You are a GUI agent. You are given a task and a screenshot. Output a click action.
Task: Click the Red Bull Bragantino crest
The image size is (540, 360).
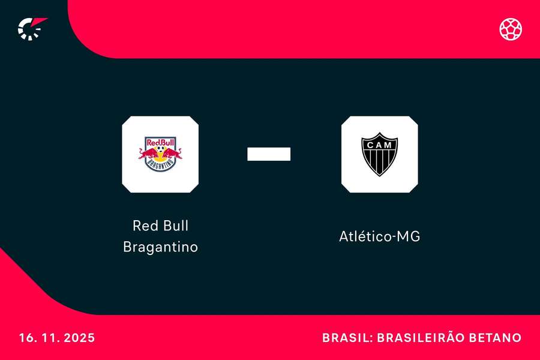point(160,154)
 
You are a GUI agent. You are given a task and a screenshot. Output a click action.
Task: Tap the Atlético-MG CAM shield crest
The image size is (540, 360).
point(379,154)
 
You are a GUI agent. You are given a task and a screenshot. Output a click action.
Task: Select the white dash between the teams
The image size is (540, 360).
point(269,154)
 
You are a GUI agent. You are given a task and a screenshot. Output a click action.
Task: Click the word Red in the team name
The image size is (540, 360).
point(145,226)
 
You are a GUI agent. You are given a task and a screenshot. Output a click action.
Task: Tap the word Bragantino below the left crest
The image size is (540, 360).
point(160,247)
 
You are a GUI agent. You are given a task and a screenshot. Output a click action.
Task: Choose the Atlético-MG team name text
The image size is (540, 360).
point(379,236)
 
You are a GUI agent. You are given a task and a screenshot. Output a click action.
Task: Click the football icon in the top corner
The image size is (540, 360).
point(511,29)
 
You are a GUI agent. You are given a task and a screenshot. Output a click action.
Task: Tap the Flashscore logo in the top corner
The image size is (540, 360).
point(31,28)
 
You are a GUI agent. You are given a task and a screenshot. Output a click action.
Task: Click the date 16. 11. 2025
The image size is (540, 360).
point(56,338)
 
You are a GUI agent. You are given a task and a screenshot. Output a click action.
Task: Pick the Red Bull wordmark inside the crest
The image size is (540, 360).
point(160,143)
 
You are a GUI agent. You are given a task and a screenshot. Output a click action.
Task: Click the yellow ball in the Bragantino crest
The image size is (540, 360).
point(160,152)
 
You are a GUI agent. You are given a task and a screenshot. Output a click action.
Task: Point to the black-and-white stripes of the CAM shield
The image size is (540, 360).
point(379,161)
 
